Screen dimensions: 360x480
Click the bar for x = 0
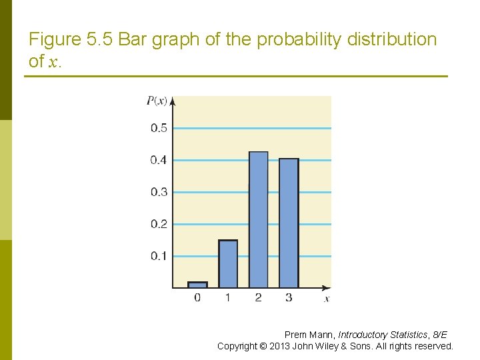coord(197,285)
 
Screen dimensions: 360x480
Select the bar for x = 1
coord(228,264)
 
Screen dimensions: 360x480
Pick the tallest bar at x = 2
coord(258,220)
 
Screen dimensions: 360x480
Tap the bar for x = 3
coord(289,223)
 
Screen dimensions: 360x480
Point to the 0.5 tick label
coord(159,128)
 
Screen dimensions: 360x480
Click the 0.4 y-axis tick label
coord(159,160)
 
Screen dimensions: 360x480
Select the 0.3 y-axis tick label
coord(159,192)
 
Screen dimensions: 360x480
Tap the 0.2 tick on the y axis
coord(159,224)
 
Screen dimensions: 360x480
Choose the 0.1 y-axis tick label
coord(159,256)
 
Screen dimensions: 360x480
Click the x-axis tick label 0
coord(197,297)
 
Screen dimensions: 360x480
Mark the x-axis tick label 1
coord(228,297)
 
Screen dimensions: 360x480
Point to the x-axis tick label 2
coord(258,297)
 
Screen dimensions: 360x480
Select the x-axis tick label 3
coord(289,297)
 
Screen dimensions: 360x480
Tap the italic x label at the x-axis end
coord(327,299)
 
